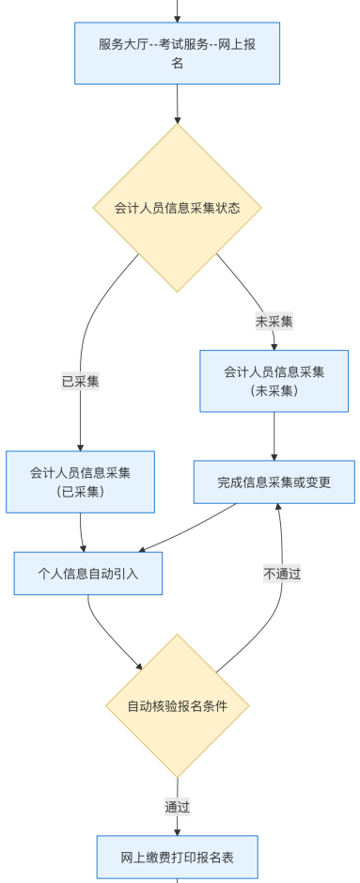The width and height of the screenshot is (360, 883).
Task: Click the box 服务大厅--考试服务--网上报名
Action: pyautogui.click(x=177, y=54)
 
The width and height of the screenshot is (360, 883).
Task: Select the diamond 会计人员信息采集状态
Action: pyautogui.click(x=177, y=208)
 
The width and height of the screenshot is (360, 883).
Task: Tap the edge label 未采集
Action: pyautogui.click(x=274, y=322)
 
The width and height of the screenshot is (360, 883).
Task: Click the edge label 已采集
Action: pyautogui.click(x=81, y=381)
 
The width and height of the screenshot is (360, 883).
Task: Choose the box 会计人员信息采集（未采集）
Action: pyautogui.click(x=274, y=381)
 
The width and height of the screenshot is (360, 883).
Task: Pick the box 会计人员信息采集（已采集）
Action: pyautogui.click(x=81, y=481)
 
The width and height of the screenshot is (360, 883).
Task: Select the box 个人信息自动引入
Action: pyautogui.click(x=87, y=573)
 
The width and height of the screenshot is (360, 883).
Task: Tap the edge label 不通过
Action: pyautogui.click(x=282, y=573)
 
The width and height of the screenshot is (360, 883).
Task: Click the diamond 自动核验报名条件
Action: pyautogui.click(x=177, y=705)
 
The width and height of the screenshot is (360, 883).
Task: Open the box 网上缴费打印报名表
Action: pyautogui.click(x=177, y=856)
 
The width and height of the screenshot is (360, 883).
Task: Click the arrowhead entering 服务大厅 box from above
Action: pyautogui.click(x=177, y=18)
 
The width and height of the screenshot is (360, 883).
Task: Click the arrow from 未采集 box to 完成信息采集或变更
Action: pyautogui.click(x=274, y=435)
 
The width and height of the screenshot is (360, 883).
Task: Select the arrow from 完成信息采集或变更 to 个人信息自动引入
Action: pyautogui.click(x=188, y=528)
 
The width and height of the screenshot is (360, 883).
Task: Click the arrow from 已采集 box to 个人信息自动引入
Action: pyautogui.click(x=83, y=531)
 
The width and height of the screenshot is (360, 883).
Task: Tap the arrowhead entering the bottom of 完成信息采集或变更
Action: pyautogui.click(x=278, y=509)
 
